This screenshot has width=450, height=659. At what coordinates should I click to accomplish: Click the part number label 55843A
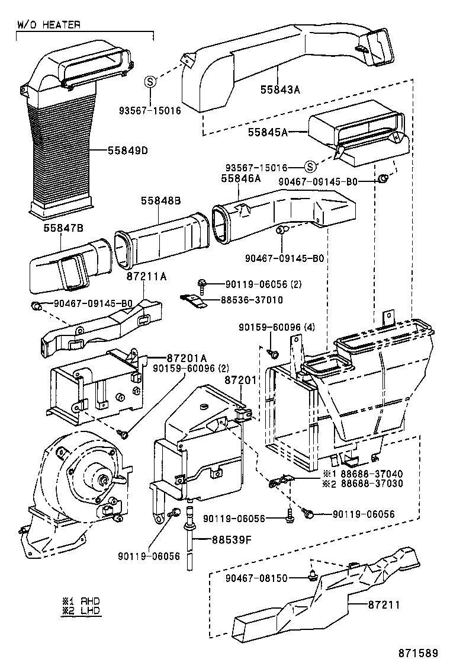pyautogui.click(x=281, y=90)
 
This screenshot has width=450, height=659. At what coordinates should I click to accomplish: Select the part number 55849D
pyautogui.click(x=127, y=151)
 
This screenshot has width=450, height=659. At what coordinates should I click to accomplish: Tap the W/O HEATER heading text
pyautogui.click(x=48, y=25)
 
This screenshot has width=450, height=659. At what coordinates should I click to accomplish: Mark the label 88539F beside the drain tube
pyautogui.click(x=224, y=539)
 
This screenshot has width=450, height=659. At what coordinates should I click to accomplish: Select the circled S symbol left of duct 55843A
pyautogui.click(x=150, y=82)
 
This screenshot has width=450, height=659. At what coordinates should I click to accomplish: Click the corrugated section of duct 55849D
pyautogui.click(x=59, y=148)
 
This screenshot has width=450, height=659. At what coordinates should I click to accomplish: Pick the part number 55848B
pyautogui.click(x=160, y=201)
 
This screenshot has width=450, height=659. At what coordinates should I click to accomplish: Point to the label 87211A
pyautogui.click(x=146, y=276)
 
